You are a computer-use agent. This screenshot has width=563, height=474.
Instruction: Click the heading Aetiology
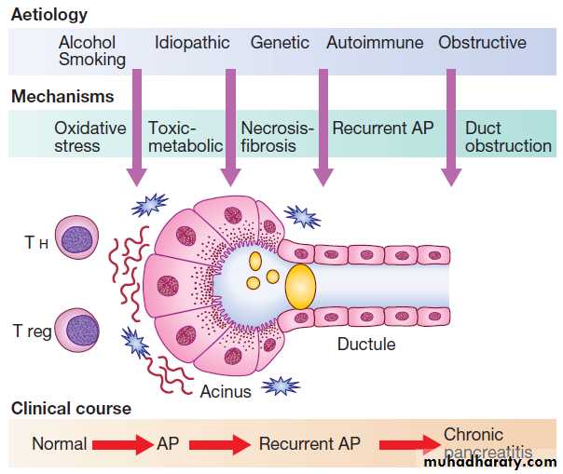tap(48, 14)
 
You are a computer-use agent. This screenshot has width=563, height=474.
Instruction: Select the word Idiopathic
tap(193, 43)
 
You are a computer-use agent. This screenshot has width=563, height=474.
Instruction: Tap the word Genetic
tap(280, 43)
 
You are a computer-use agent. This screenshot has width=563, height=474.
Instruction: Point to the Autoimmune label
tap(375, 43)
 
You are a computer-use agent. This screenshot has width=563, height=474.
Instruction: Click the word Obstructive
tap(482, 43)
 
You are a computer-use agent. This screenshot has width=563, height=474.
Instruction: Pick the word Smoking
tap(91, 60)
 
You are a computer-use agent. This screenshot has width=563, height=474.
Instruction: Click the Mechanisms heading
tap(62, 96)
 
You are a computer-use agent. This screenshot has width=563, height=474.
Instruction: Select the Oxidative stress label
tap(89, 137)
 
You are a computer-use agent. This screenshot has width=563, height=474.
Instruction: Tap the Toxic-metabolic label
tap(185, 137)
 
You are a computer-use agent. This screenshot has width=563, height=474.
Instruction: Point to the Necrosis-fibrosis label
tap(278, 137)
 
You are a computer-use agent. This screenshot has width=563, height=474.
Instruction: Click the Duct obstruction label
tap(508, 137)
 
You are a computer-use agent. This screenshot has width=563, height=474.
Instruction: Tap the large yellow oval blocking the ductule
tap(301, 286)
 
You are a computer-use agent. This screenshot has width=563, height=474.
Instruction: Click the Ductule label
tap(366, 345)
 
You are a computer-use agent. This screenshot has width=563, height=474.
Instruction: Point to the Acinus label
tap(226, 391)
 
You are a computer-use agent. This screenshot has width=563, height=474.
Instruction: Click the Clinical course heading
tap(71, 409)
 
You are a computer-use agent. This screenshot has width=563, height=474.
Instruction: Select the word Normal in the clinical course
tap(59, 444)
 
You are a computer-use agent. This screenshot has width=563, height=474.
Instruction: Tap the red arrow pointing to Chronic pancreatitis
tap(408, 445)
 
